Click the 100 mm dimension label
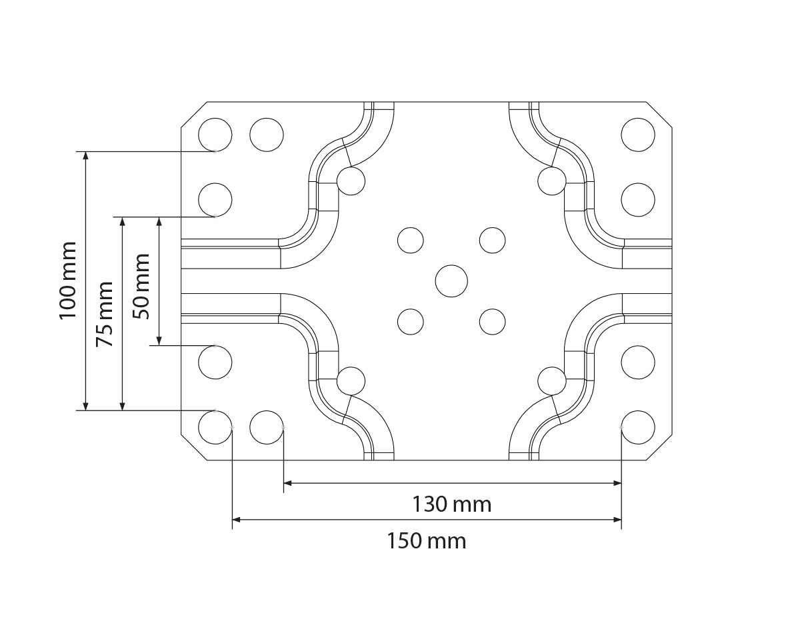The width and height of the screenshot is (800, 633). pos(68,280)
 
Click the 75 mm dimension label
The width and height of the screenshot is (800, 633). pos(105,314)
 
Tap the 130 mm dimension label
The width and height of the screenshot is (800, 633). pos(451,504)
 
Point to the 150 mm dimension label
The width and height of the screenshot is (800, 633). pos(427,540)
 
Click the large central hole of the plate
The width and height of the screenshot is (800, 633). pos(451,281)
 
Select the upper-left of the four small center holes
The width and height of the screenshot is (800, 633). pos(411,240)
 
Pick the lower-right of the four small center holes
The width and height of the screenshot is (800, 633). pos(492,321)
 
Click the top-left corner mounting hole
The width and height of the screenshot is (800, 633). pos(215,135)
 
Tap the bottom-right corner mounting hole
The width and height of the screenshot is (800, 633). pos(638,427)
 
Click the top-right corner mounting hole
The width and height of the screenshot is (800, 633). pos(638,135)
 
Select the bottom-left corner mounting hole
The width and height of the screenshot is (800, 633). pos(215,427)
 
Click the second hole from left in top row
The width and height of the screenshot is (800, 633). pos(267,135)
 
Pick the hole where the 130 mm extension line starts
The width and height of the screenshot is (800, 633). pos(267,427)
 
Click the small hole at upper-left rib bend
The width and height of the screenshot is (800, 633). pos(351,180)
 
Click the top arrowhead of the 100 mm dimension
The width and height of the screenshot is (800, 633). pos(85,155)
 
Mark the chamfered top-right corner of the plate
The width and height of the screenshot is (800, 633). pos(659,113)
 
